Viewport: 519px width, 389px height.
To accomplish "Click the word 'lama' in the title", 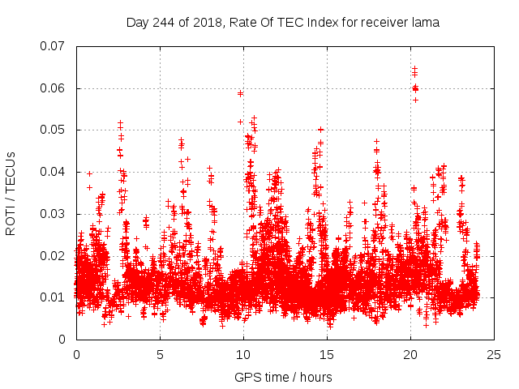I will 426,23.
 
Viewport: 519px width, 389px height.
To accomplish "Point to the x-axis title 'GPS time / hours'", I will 283,378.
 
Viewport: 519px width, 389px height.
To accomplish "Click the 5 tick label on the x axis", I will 160,354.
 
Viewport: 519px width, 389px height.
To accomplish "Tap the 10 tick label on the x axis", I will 243,354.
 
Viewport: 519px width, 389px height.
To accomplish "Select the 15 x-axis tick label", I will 327,354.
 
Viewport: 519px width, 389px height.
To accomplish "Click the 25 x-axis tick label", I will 494,354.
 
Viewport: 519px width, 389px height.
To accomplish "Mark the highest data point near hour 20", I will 414,69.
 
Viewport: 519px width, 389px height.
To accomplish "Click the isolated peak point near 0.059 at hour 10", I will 240,93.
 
